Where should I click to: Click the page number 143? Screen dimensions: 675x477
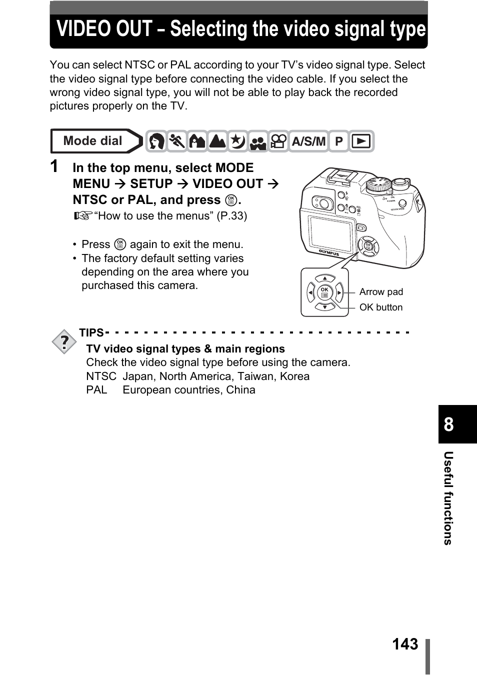point(405,644)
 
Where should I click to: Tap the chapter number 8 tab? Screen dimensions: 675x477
point(449,424)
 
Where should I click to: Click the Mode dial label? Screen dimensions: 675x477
point(93,141)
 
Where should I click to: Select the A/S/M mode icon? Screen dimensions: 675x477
point(308,141)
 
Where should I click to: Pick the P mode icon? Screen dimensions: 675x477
point(339,141)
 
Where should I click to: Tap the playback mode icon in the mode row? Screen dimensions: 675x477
point(361,141)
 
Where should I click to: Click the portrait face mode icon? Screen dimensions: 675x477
point(156,141)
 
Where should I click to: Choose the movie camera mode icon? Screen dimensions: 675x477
point(278,141)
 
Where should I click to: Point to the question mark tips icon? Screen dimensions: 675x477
point(64,342)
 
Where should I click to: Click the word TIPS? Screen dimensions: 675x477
point(91,333)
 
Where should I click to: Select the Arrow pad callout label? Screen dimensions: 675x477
point(381,292)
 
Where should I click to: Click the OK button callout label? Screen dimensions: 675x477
point(381,307)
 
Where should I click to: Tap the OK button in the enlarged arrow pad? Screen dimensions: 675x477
point(325,292)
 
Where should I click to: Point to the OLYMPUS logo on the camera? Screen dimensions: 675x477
point(329,252)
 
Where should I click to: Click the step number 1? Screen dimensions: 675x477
point(54,166)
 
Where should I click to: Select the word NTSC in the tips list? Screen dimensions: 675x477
point(101,376)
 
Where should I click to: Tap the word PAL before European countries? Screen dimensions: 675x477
point(96,390)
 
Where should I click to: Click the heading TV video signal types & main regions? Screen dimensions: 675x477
point(185,349)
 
